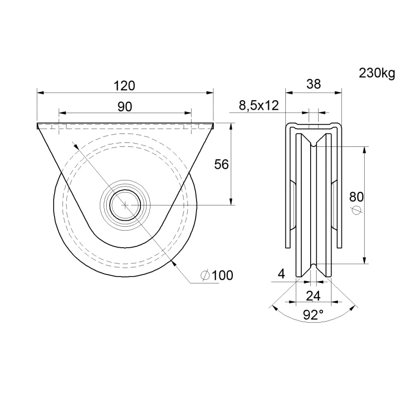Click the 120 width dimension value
click(x=125, y=86)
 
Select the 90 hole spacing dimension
click(x=125, y=107)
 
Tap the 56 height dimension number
click(x=221, y=164)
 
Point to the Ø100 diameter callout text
click(x=217, y=275)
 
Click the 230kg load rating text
click(x=377, y=73)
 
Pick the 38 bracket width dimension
click(x=314, y=84)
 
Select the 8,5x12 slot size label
click(x=259, y=105)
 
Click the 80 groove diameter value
click(x=356, y=197)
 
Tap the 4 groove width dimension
click(x=281, y=274)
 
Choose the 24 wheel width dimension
click(x=313, y=296)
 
